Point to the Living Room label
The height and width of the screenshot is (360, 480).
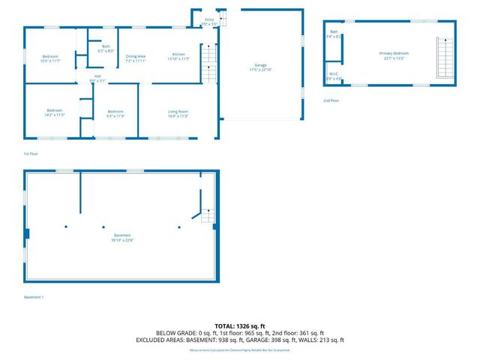pos(178,113)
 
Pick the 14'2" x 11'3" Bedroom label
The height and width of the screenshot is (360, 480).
pos(55,113)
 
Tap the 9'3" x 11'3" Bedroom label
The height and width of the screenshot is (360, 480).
pos(114,113)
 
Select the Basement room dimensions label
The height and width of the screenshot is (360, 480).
pos(122,240)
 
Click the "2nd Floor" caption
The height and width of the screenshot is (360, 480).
pos(331,100)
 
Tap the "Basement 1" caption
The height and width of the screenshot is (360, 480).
pos(34,296)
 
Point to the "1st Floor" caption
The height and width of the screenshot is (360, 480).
pos(31,153)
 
